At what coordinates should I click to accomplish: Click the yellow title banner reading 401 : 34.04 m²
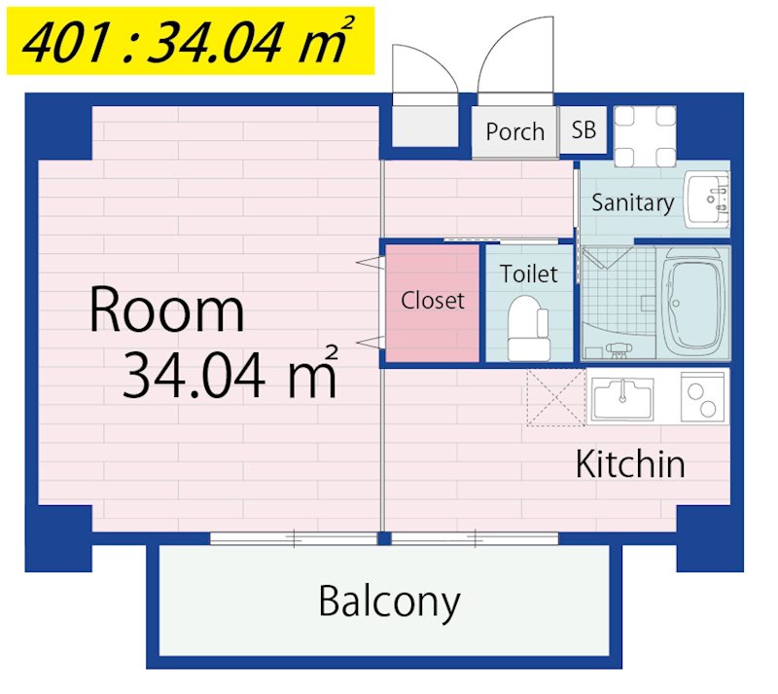184,43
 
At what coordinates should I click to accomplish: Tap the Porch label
514,131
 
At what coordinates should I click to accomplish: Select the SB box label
583,129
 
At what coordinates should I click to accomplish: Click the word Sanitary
632,202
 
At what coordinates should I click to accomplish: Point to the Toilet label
529,274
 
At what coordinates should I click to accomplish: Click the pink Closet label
433,301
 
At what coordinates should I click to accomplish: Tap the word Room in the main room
166,310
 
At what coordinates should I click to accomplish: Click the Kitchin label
630,464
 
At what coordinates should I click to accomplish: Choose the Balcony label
388,603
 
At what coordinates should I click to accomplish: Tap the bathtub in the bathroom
693,302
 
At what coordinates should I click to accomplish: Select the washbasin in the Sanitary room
706,198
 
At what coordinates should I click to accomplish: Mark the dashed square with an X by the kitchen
555,397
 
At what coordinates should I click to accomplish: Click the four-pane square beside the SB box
646,136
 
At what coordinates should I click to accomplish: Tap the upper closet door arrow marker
368,263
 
